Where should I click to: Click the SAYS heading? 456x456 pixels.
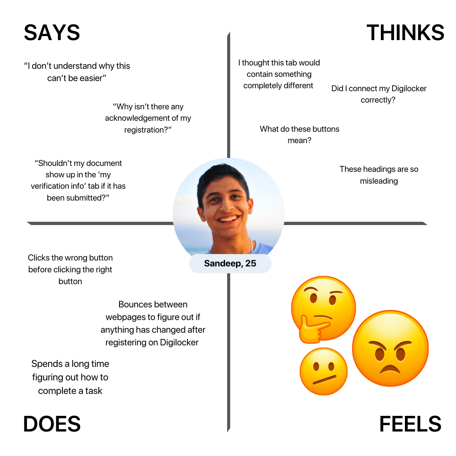point(52,32)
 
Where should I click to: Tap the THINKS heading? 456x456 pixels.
point(405,32)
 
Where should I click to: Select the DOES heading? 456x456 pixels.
point(52,424)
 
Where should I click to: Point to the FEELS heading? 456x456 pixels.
point(410,424)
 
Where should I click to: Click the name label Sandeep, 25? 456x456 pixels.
point(230,263)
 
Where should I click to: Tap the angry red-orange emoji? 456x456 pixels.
point(390,348)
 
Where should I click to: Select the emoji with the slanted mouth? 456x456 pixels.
point(323,372)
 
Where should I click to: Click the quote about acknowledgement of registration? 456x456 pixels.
point(148,118)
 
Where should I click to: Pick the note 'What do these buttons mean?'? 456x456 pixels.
point(299,135)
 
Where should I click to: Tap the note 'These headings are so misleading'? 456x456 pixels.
point(379,175)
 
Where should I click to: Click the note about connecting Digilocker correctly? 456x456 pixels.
point(379,94)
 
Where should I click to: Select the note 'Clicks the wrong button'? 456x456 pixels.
point(70,269)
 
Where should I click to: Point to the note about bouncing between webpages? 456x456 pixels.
point(153,323)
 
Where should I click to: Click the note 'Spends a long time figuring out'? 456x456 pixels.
point(70,377)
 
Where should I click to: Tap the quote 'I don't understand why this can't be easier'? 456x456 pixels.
point(77,72)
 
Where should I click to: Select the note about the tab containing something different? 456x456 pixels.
point(279,74)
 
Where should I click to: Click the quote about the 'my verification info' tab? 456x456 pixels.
point(78,180)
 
